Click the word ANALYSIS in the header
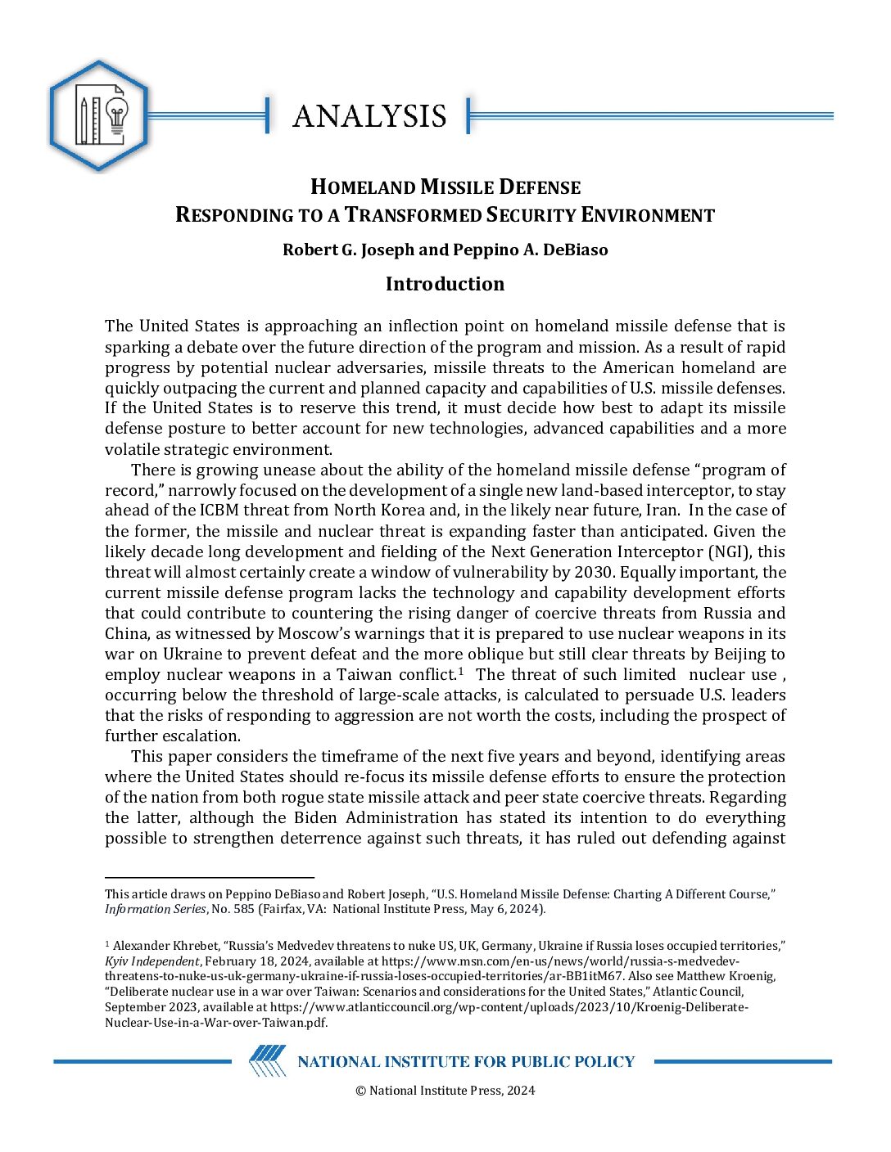[x=369, y=116]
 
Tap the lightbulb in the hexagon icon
[x=117, y=116]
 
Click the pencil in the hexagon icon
[x=84, y=119]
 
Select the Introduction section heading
[x=445, y=284]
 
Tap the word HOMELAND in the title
[x=363, y=187]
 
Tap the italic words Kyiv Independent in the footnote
[x=152, y=961]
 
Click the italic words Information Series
[x=156, y=909]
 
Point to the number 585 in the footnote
[x=244, y=909]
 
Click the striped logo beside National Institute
[x=268, y=1061]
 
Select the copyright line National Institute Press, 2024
[x=445, y=1090]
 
